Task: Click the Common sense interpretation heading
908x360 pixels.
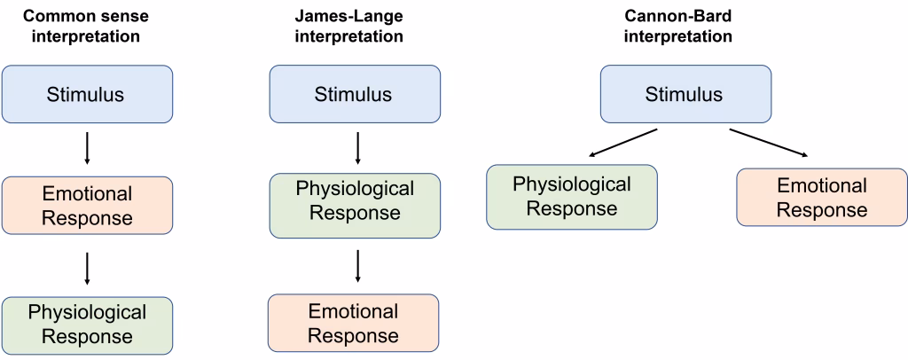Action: (x=86, y=26)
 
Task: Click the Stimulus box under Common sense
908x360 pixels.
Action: (x=86, y=94)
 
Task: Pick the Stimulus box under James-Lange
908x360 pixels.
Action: (x=354, y=94)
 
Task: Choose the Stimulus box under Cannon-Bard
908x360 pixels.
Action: (x=684, y=94)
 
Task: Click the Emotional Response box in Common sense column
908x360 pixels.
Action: (x=86, y=206)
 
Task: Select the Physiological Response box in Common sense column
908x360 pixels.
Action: (x=86, y=324)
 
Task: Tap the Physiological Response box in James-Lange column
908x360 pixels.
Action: (x=355, y=201)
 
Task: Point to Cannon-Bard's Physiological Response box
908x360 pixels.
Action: (x=572, y=196)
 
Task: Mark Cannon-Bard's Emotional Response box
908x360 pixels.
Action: (x=822, y=197)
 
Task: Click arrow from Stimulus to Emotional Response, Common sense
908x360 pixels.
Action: (x=86, y=148)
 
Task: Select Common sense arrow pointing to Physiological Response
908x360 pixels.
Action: (x=86, y=267)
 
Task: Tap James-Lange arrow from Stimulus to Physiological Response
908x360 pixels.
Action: (x=357, y=148)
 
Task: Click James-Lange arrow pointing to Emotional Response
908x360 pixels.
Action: (x=357, y=266)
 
